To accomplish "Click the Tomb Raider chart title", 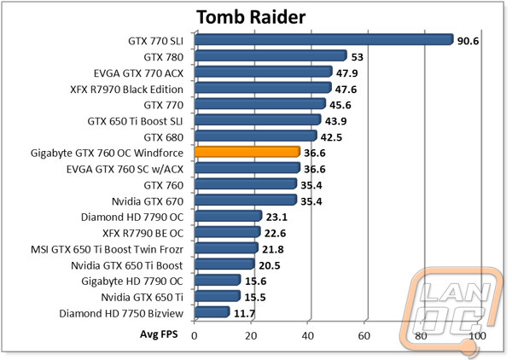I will click(249, 17).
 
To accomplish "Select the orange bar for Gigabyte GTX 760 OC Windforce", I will click(247, 152).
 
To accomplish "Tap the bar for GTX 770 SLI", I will click(323, 39).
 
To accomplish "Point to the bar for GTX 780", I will click(271, 55).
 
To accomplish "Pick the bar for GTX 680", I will click(256, 136).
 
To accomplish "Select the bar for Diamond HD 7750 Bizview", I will click(212, 312).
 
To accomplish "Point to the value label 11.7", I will click(245, 313).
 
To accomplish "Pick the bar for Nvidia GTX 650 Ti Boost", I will click(224, 264).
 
